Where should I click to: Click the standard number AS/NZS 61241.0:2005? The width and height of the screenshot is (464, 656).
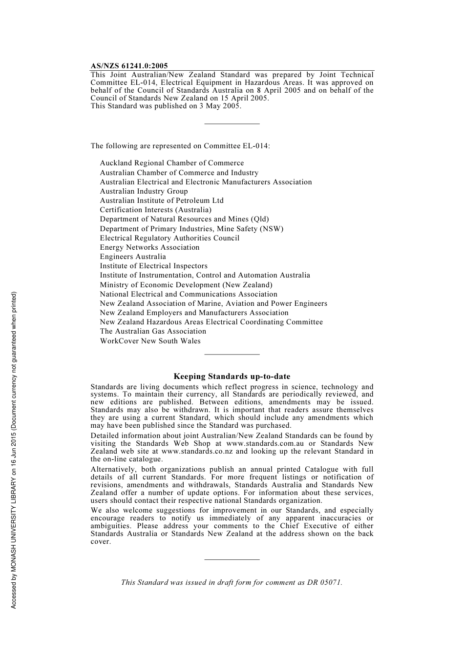(129, 66)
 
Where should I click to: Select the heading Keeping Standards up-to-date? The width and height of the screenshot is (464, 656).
(232, 377)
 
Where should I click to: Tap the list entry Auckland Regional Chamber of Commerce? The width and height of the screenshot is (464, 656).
(171, 163)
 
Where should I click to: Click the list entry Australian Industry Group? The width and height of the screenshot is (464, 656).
(144, 191)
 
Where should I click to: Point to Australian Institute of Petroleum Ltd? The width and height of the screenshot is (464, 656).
(162, 200)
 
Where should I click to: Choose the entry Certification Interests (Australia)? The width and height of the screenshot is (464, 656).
(155, 210)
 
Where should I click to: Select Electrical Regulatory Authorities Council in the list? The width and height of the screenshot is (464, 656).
(169, 238)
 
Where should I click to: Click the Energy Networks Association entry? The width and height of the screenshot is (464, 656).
(149, 247)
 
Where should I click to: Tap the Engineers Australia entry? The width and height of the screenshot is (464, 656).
(133, 257)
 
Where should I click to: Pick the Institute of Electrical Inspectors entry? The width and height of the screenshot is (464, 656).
(153, 266)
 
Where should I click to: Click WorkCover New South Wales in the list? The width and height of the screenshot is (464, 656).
(150, 341)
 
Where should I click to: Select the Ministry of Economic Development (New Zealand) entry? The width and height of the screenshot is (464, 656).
(186, 285)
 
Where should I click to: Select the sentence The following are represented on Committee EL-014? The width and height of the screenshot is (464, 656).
(180, 146)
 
